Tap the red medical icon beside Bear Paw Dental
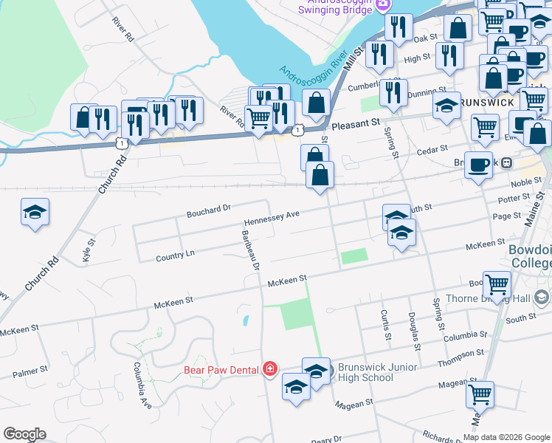(x=270, y=368)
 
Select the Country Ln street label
(x=176, y=255)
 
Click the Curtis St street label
(x=385, y=325)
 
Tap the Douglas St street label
(x=413, y=326)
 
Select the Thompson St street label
(x=460, y=354)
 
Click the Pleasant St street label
(x=355, y=123)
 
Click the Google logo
(x=24, y=434)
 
